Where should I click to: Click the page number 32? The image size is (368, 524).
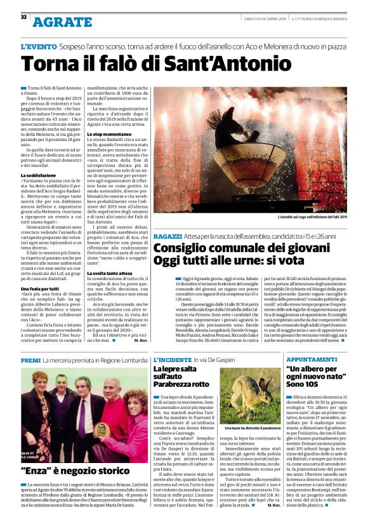[23, 17]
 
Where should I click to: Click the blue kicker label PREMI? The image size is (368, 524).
[30, 360]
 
